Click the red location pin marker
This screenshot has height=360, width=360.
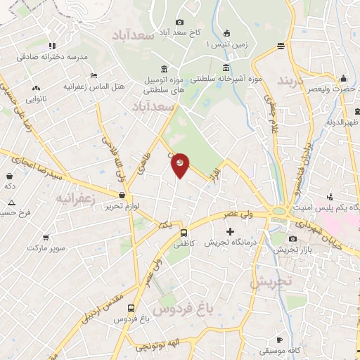click(181, 165)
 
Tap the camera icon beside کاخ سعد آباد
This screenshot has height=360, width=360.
click(179, 22)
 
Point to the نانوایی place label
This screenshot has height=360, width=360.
click(36, 100)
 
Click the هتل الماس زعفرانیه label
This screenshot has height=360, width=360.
click(94, 86)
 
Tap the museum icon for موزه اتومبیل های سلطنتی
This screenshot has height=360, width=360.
click(164, 68)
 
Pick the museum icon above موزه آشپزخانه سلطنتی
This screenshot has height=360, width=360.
click(226, 68)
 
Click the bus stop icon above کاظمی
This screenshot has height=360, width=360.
click(184, 232)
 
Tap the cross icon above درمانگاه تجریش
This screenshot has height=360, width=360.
click(229, 231)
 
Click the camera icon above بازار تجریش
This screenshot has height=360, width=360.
click(292, 239)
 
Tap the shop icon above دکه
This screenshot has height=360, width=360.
click(11, 176)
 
